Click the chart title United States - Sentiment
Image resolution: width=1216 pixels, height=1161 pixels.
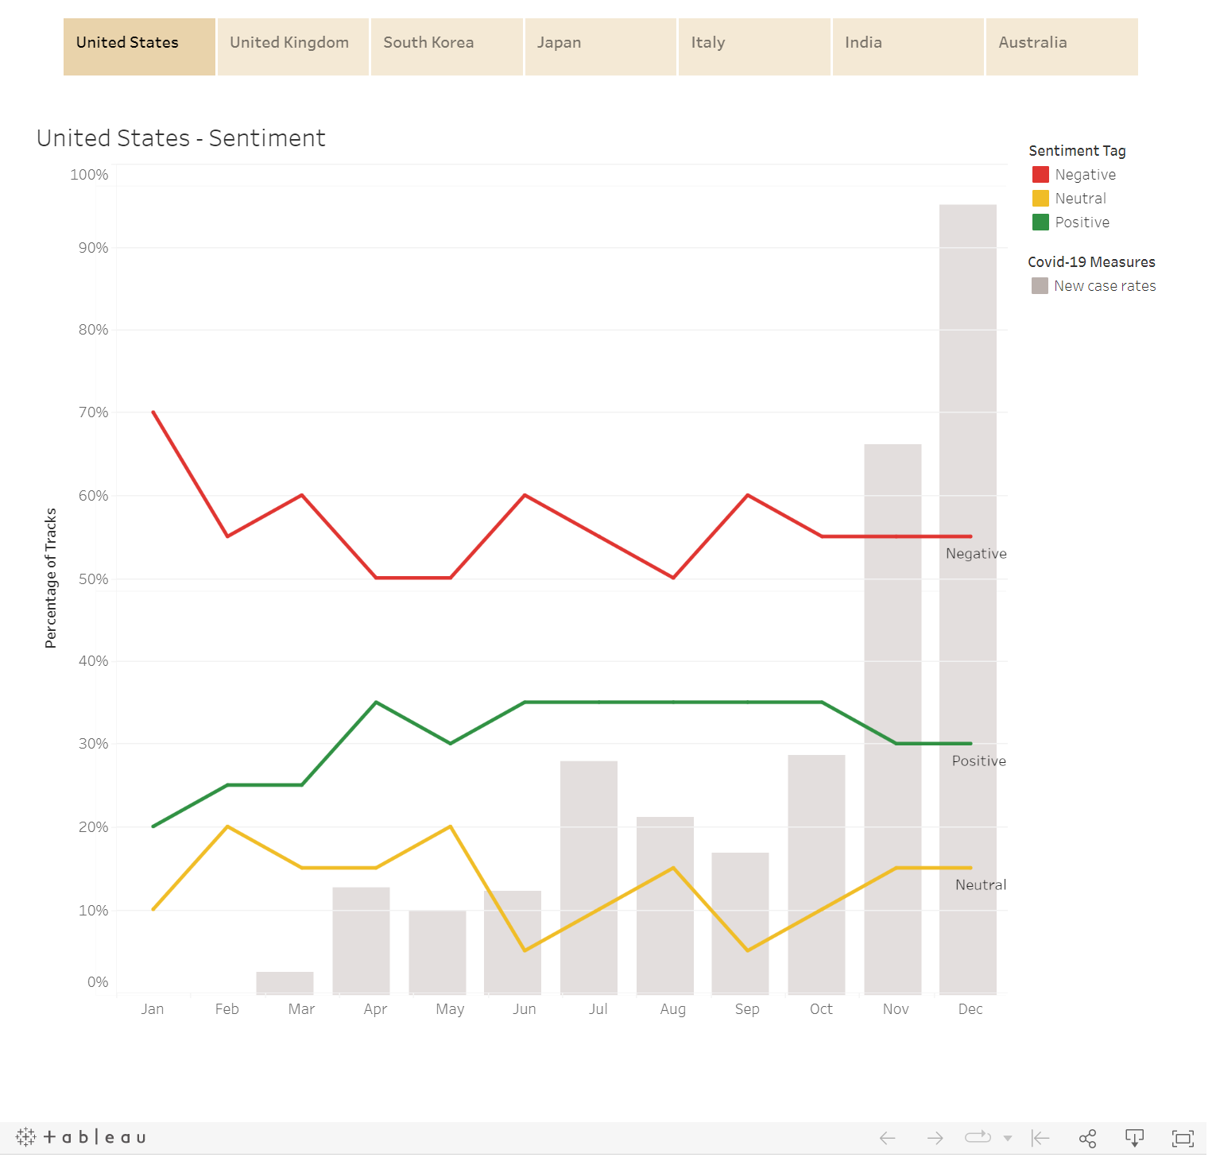click(x=181, y=138)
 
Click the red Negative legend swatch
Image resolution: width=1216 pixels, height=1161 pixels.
click(x=1040, y=175)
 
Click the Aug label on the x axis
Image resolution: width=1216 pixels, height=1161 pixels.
click(x=672, y=1009)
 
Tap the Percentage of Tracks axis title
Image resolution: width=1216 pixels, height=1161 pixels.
click(x=51, y=578)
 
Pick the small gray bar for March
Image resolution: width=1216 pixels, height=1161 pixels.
click(x=285, y=983)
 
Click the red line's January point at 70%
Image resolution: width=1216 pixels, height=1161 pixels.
click(x=153, y=412)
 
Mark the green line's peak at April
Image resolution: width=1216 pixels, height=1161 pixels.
click(x=376, y=702)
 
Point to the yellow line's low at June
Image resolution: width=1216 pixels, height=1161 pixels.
click(x=525, y=950)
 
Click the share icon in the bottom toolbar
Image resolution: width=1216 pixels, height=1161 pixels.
click(x=1087, y=1139)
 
